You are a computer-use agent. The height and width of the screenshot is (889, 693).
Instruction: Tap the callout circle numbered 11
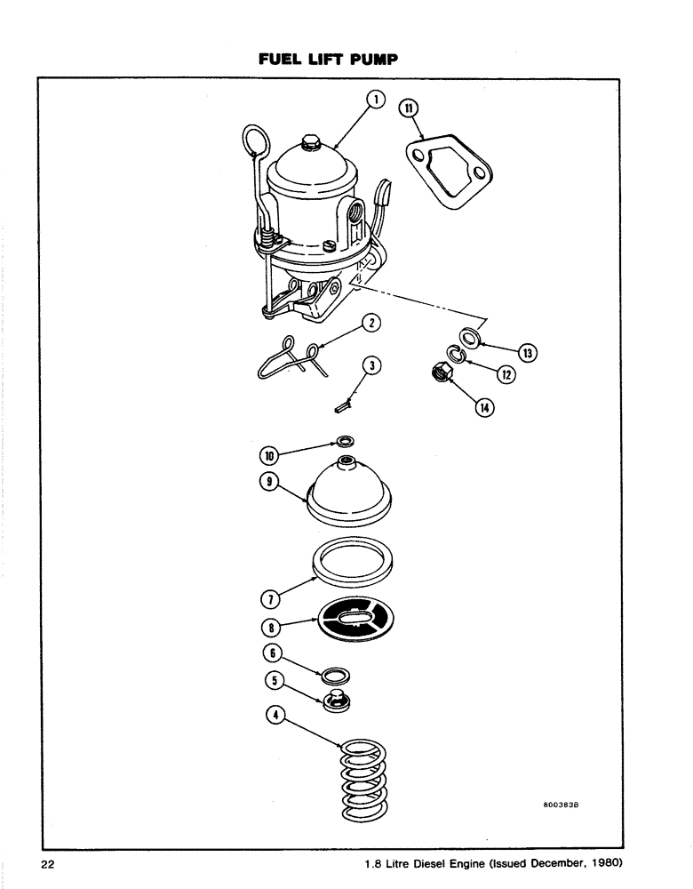coord(410,109)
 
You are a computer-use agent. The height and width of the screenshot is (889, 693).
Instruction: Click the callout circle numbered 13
coord(528,354)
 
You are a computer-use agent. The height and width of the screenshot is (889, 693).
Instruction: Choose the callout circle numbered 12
coord(506,374)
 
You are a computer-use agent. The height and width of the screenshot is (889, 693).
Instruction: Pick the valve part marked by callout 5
coord(337,699)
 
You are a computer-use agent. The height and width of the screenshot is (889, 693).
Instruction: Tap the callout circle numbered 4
coord(276,714)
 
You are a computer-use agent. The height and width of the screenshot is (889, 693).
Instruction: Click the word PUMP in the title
coord(371,60)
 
